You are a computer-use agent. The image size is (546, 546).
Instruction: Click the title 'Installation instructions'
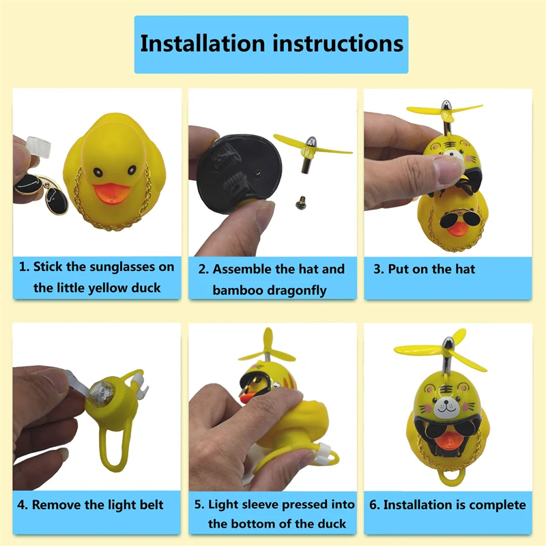pyautogui.click(x=272, y=44)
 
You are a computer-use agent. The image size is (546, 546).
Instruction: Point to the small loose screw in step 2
pyautogui.click(x=299, y=201)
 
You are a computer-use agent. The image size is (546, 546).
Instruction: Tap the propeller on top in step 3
pyautogui.click(x=444, y=110)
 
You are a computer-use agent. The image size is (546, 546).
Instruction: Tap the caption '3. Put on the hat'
pyautogui.click(x=424, y=269)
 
